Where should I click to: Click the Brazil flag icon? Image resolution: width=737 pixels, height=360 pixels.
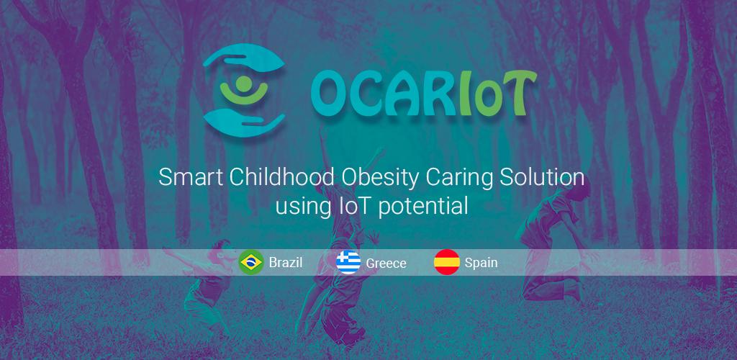pyautogui.click(x=251, y=262)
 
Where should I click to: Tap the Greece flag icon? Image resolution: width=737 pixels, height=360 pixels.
pyautogui.click(x=348, y=262)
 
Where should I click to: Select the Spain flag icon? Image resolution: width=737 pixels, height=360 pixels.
pyautogui.click(x=446, y=262)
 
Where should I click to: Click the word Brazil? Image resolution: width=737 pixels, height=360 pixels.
pyautogui.click(x=285, y=262)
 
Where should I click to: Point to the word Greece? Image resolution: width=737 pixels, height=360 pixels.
pyautogui.click(x=386, y=264)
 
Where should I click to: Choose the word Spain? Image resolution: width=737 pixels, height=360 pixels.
pyautogui.click(x=481, y=263)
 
